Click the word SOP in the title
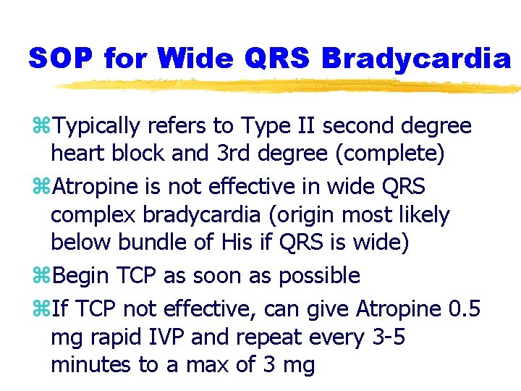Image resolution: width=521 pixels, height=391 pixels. coord(60,59)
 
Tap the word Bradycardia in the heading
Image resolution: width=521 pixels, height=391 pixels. coord(415,59)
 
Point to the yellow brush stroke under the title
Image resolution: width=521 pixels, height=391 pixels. coord(289,86)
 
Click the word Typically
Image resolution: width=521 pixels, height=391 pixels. coord(97,127)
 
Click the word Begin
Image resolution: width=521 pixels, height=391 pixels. coord(80,276)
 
